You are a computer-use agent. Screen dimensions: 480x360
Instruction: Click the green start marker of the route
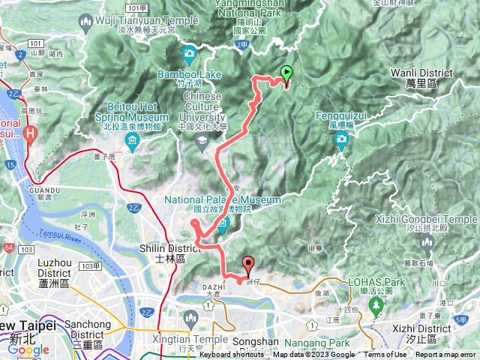coord(286,73)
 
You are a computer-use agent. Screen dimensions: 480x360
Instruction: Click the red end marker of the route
coord(248,264)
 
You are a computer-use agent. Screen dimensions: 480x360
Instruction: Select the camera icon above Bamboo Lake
coord(188,54)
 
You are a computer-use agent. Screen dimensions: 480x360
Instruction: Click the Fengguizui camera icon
coord(342,139)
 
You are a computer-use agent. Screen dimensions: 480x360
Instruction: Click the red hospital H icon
coord(30,134)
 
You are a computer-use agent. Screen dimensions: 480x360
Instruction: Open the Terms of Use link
coord(385,355)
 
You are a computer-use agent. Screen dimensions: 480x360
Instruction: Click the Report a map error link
coord(446,355)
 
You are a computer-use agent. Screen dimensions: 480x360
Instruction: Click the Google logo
coord(28,349)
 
